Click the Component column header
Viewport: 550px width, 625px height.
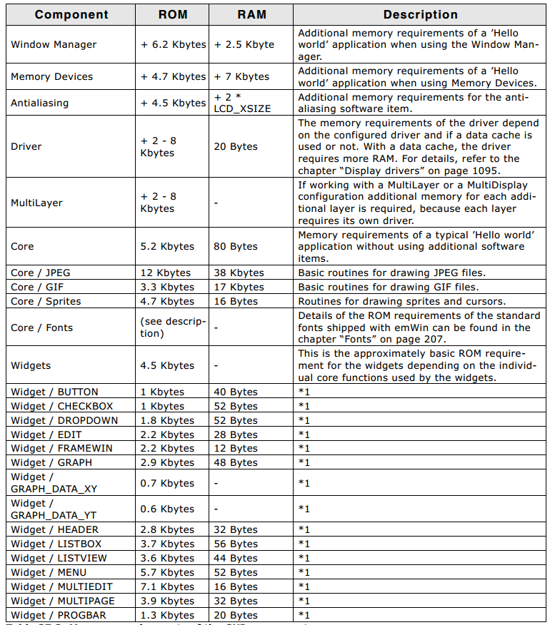[x=71, y=14]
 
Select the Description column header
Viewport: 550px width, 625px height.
[x=420, y=14]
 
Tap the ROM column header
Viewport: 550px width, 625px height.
[x=173, y=14]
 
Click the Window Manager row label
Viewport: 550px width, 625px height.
[x=54, y=44]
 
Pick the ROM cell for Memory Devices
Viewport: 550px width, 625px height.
[x=173, y=76]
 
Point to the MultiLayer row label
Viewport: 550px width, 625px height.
[x=36, y=203]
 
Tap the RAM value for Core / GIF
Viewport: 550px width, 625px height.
[x=239, y=287]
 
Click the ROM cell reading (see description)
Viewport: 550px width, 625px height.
[x=173, y=327]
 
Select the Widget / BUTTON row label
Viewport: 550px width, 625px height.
[x=54, y=392]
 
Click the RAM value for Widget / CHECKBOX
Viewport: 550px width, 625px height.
[x=236, y=406]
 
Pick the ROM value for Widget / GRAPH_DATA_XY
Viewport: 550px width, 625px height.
[x=167, y=483]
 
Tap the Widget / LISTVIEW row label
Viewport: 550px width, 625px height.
[x=59, y=558]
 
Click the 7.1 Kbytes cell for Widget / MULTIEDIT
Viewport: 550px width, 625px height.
[x=167, y=586]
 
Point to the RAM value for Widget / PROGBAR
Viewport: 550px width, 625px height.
[x=236, y=615]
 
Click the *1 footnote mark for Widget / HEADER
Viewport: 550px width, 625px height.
[x=304, y=529]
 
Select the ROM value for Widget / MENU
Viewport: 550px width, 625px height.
[x=167, y=572]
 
